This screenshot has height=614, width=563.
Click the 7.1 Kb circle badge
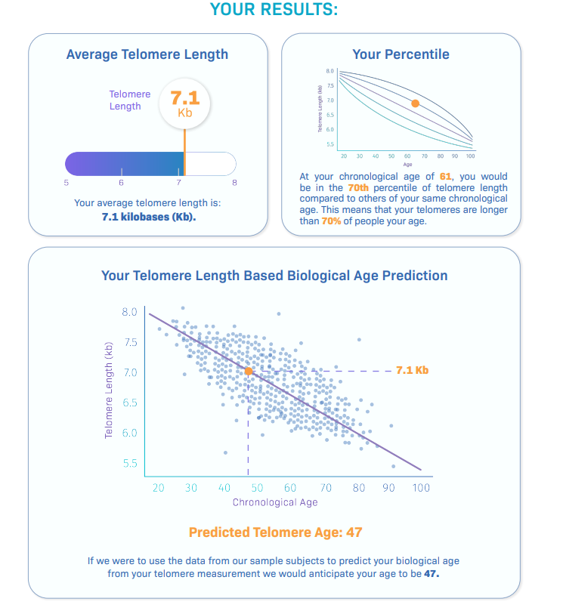tap(184, 103)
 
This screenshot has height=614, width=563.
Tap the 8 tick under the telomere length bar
tap(234, 182)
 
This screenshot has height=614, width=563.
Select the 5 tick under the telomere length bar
tap(66, 182)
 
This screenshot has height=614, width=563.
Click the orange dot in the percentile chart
tap(415, 103)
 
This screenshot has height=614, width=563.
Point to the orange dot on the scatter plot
tap(248, 371)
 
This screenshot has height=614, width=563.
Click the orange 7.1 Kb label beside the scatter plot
tap(412, 371)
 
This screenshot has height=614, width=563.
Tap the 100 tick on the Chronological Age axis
tap(421, 488)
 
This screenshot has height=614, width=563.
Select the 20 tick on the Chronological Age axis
tap(158, 488)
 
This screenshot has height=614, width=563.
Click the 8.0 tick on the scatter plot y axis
tap(129, 312)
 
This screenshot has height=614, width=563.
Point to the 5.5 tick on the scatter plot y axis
tap(129, 463)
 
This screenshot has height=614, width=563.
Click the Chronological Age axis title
tap(275, 502)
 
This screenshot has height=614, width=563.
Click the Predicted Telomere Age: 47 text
tap(275, 532)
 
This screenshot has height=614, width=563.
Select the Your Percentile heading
tap(401, 54)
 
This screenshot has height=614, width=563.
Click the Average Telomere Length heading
tap(147, 54)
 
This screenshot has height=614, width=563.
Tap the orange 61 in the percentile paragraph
tap(446, 177)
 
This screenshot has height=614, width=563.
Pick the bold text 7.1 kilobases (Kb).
tap(147, 217)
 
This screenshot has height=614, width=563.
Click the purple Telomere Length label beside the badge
tap(129, 100)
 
